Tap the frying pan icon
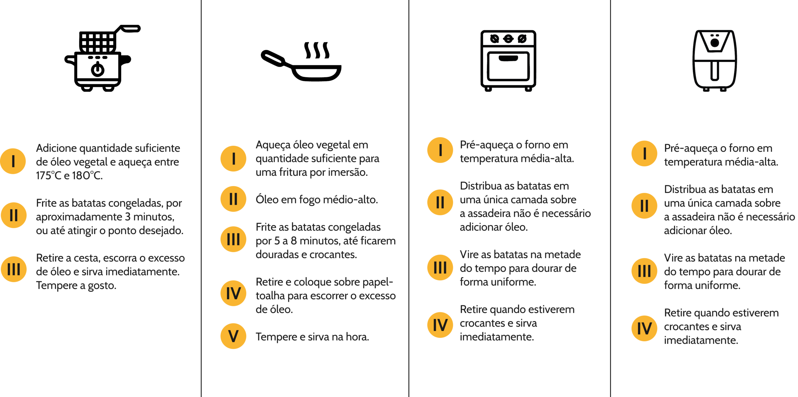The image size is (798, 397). coord(301,61)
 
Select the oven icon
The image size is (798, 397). coord(508,61)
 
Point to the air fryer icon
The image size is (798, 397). coord(714,61)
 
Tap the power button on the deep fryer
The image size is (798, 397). coord(98,69)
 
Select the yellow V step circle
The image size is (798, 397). coord(233,336)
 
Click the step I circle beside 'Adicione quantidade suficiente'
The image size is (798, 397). coord(13,161)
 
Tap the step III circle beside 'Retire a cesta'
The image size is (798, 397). coord(13,269)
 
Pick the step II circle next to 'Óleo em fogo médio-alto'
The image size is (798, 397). coord(233,199)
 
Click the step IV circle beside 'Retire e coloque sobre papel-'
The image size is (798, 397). coord(233,293)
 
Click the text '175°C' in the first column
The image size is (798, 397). coord(49,175)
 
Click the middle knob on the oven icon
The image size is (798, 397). coord(508,39)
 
